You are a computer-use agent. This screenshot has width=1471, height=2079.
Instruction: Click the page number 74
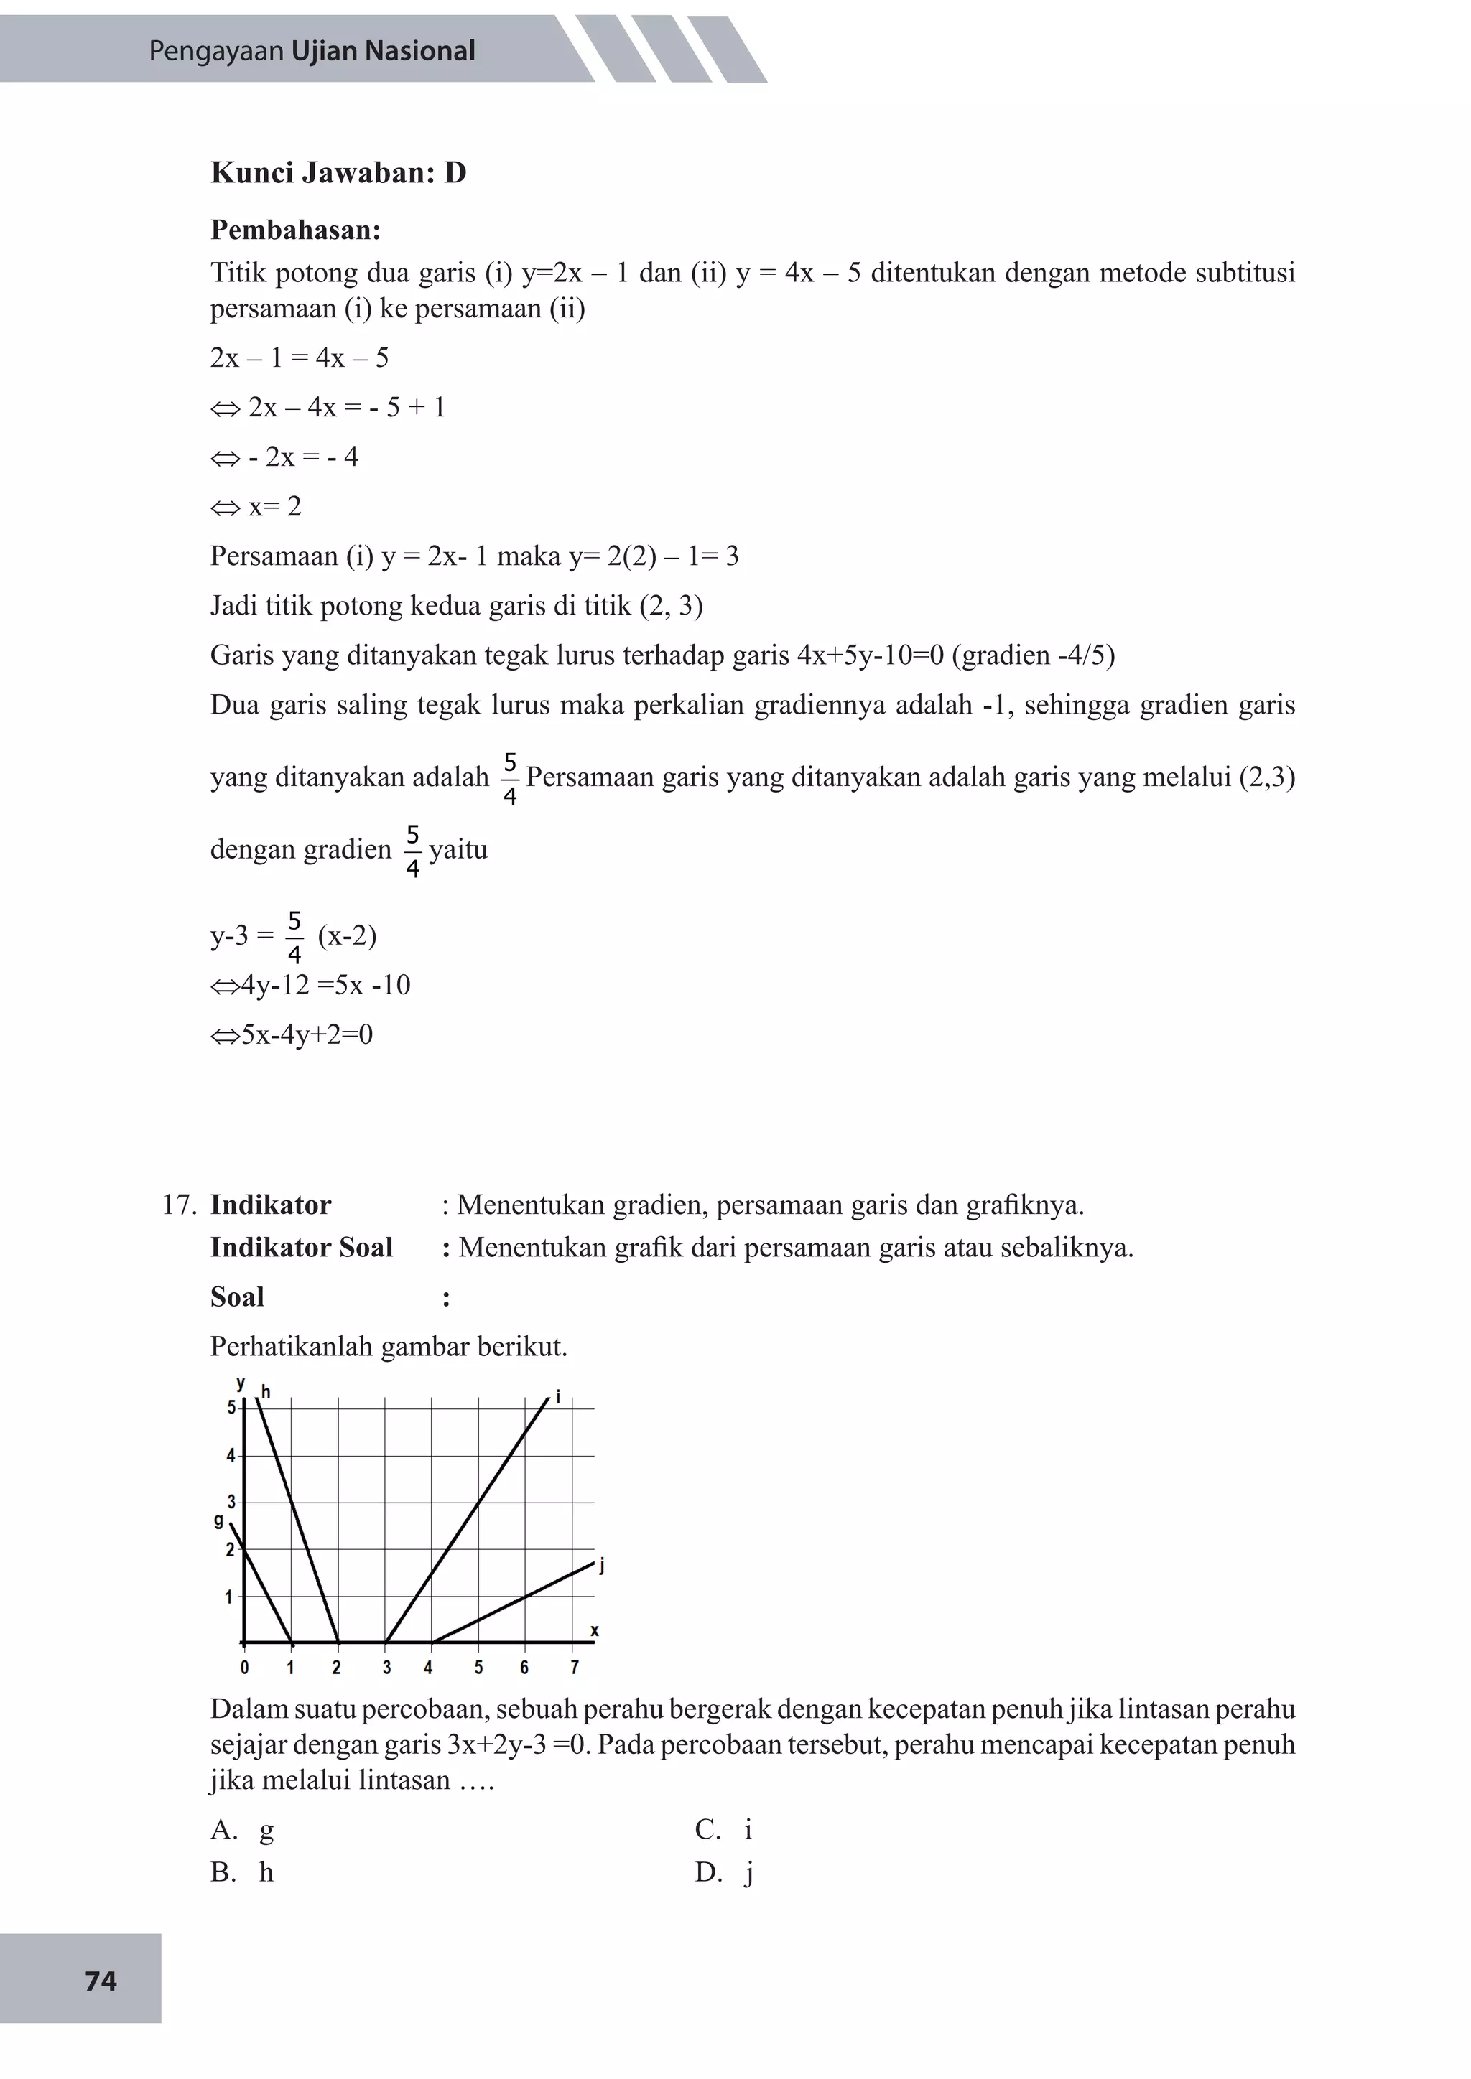101,1981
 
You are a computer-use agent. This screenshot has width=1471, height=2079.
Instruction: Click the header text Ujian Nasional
382,51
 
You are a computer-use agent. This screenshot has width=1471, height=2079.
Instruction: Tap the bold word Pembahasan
294,230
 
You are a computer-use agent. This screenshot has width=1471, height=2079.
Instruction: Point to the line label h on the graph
266,1391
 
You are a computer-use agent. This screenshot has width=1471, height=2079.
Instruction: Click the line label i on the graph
558,1397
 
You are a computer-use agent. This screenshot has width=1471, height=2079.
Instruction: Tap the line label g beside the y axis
218,1520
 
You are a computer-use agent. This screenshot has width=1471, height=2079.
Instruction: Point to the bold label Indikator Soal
301,1247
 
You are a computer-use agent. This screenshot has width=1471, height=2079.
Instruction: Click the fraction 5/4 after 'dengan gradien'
413,850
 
